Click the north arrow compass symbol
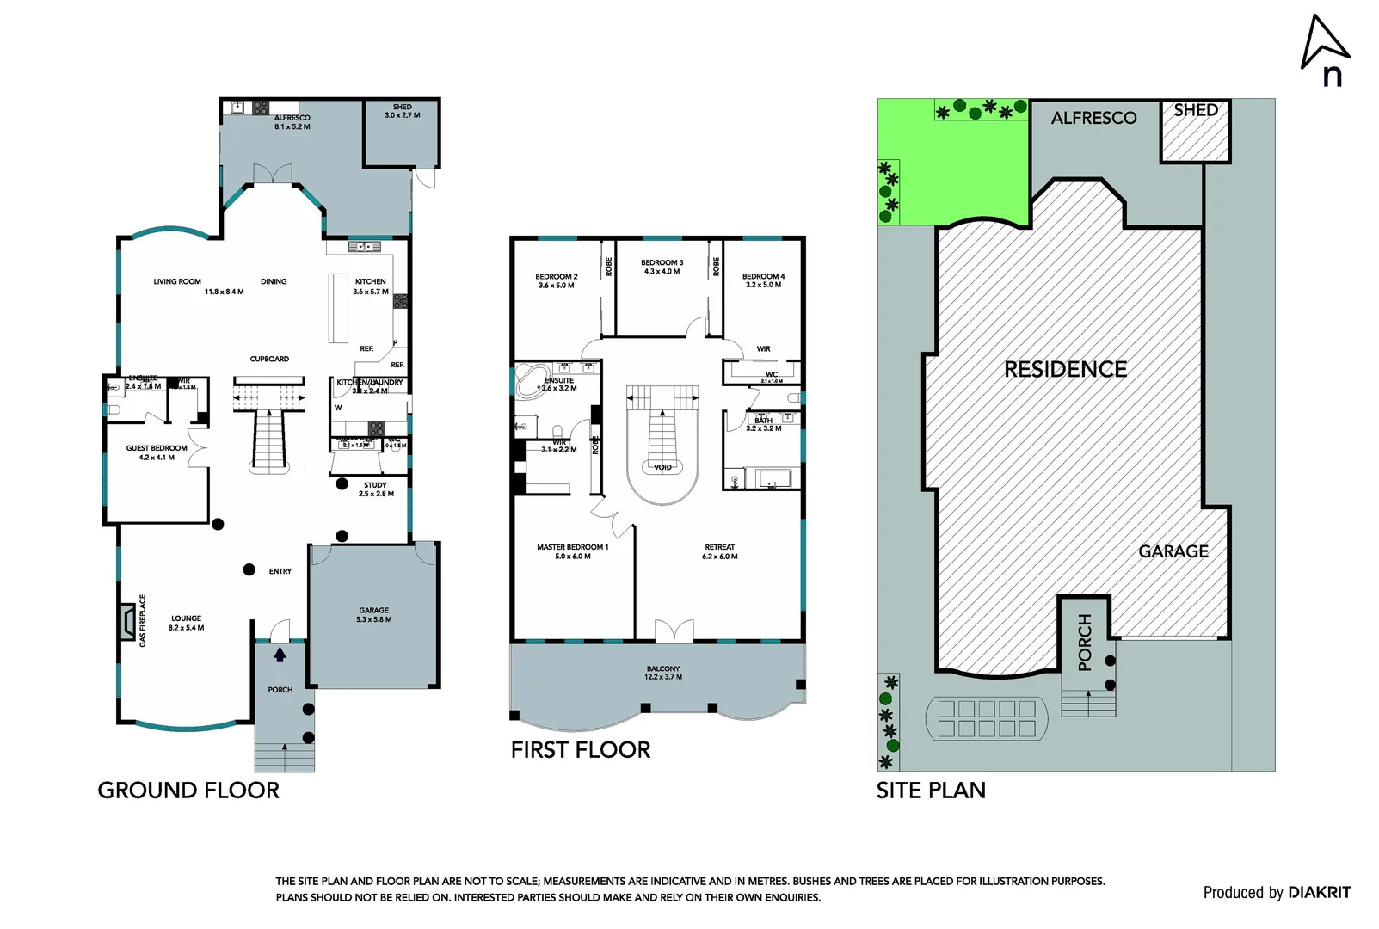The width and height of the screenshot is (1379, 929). [x=1325, y=49]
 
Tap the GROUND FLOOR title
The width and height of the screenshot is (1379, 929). [x=188, y=791]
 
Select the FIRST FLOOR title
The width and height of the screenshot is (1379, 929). [x=581, y=750]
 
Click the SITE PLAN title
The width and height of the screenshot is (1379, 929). [x=931, y=791]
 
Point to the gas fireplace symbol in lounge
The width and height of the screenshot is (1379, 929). [x=127, y=620]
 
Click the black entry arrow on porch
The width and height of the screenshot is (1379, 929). [x=280, y=655]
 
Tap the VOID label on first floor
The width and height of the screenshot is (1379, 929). [x=662, y=467]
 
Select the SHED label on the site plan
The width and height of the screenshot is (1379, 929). [x=1196, y=110]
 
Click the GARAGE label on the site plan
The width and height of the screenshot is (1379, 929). [x=1173, y=551]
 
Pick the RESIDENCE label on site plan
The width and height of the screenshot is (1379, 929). [x=1065, y=369]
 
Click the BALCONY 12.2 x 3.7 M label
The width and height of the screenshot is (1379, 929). [x=663, y=673]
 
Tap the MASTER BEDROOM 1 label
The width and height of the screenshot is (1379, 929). [x=572, y=551]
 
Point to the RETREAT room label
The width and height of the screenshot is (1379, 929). [x=720, y=551]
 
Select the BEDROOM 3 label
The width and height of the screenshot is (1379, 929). [x=662, y=267]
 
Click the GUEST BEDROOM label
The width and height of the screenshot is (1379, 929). [x=157, y=452]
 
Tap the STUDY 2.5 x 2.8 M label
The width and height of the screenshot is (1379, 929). [x=376, y=489]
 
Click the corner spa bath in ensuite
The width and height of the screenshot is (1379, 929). [x=531, y=380]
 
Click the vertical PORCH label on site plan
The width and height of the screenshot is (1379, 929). [x=1085, y=642]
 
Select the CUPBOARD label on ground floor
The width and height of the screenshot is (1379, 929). [x=269, y=359]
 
